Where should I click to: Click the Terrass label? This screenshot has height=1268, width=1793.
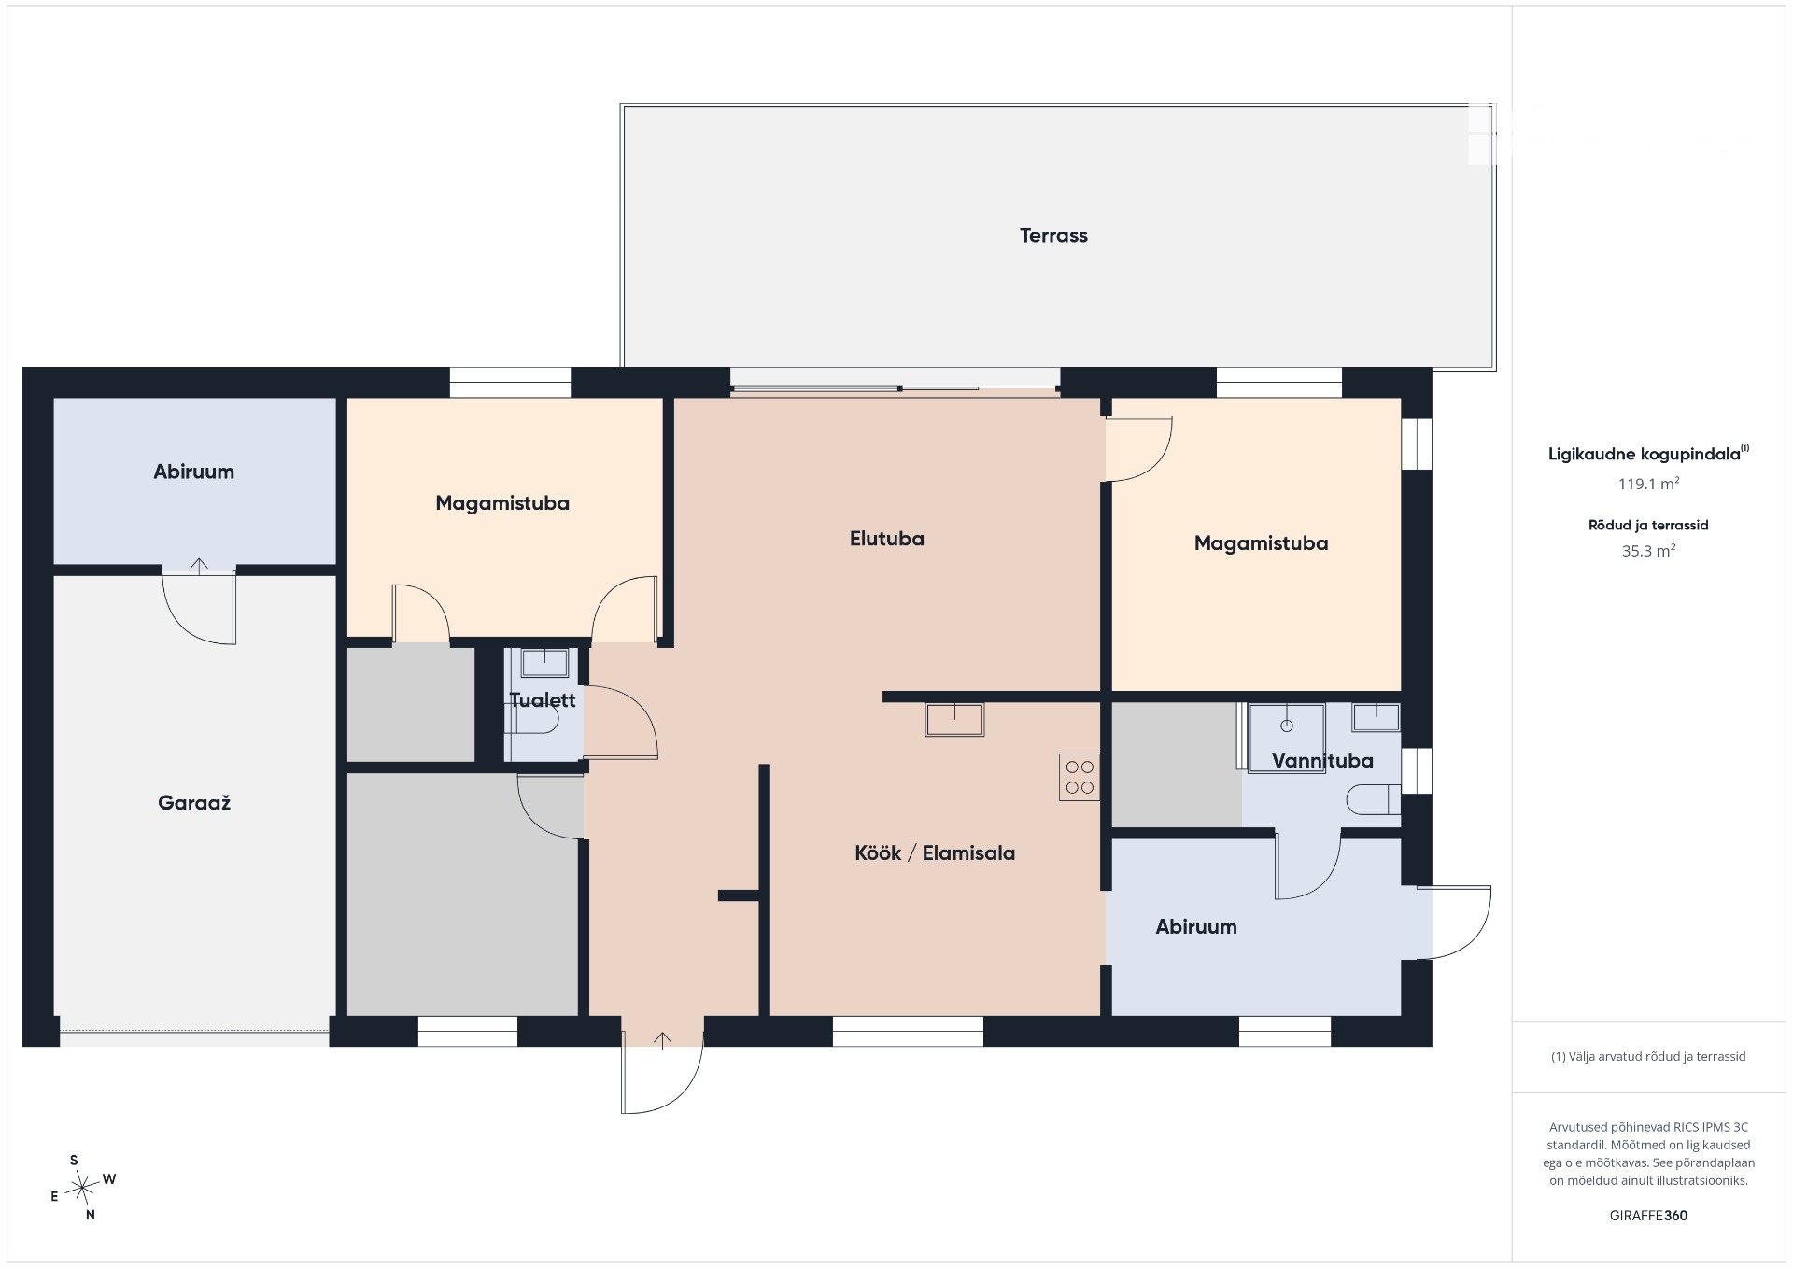[x=1053, y=235]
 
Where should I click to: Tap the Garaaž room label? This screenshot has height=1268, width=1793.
[x=194, y=802]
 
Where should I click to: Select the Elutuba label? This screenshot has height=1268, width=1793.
[x=886, y=539]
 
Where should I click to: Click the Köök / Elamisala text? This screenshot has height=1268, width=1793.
[x=935, y=852]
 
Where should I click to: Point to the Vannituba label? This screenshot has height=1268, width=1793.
[x=1322, y=760]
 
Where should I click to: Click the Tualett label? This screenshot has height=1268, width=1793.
[x=543, y=699]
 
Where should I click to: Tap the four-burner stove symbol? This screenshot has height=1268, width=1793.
[x=1080, y=777]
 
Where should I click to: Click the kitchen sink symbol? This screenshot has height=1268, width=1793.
[x=954, y=720]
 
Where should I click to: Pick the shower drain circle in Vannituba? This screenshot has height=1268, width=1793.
[x=1287, y=726]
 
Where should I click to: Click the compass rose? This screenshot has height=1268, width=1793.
[x=84, y=1188]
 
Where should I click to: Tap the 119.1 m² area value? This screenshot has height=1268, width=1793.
[x=1648, y=483]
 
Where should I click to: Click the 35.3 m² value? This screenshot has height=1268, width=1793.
[x=1648, y=550]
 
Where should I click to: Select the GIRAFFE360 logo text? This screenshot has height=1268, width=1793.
[x=1648, y=1215]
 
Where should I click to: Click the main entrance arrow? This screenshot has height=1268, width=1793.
[x=662, y=1040]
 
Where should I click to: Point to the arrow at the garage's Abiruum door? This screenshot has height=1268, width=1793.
[x=199, y=565]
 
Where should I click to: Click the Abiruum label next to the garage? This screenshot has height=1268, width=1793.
[x=194, y=472]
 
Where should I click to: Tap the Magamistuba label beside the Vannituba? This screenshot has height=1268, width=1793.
[x=1261, y=543]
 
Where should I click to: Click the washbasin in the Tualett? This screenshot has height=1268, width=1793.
[x=544, y=662]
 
